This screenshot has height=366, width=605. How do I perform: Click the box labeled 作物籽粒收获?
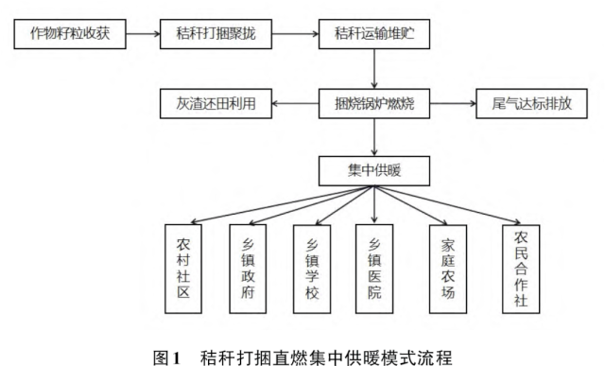click(71, 37)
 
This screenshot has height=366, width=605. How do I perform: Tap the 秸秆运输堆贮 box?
click(375, 37)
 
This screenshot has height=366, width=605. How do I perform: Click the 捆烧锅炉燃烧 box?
click(375, 102)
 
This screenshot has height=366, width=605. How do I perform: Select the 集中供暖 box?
click(375, 171)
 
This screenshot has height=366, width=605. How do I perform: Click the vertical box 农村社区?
click(183, 268)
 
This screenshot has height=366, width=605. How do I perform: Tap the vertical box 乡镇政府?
click(248, 268)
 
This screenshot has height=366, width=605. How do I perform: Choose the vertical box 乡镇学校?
click(312, 268)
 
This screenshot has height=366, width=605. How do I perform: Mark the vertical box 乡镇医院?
click(374, 268)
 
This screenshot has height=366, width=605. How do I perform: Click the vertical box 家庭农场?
click(448, 268)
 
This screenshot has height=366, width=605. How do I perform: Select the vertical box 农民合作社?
click(521, 268)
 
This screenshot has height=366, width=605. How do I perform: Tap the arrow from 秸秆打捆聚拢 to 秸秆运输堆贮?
click(295, 37)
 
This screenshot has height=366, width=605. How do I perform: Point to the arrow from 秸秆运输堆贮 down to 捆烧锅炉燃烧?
click(375, 69)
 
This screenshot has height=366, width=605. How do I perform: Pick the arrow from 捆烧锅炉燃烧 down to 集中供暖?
click(375, 136)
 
